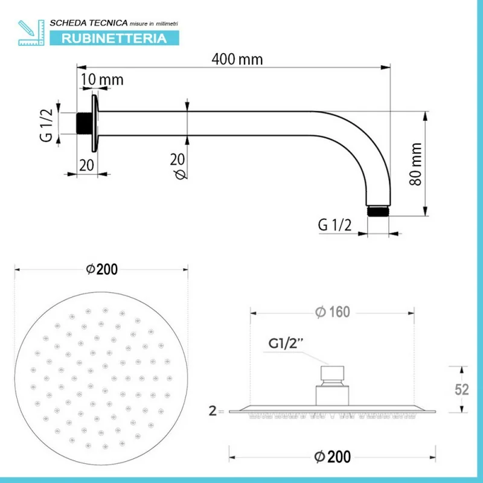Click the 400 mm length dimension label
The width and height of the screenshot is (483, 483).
(x=237, y=59)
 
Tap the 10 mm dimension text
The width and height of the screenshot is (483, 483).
(x=103, y=80)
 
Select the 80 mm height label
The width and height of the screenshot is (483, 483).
(x=415, y=164)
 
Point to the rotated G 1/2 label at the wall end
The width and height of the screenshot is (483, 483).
(x=46, y=123)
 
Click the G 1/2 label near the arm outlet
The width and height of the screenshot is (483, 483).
(x=334, y=225)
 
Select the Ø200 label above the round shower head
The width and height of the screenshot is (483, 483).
(x=101, y=269)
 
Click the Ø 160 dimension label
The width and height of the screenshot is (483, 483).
(x=333, y=312)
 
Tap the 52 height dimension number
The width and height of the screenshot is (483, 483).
(x=461, y=389)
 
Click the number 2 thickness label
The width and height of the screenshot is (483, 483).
(x=212, y=412)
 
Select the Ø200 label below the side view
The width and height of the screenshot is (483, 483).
(x=333, y=456)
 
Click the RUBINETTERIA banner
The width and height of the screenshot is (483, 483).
(x=114, y=39)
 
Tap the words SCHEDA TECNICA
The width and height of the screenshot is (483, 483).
(x=88, y=22)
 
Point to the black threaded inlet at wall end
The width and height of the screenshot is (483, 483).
(x=83, y=123)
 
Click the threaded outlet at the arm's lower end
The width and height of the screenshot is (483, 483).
(x=379, y=211)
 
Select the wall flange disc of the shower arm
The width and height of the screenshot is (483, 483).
(x=94, y=123)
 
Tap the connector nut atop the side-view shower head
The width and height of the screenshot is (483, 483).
(x=333, y=374)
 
